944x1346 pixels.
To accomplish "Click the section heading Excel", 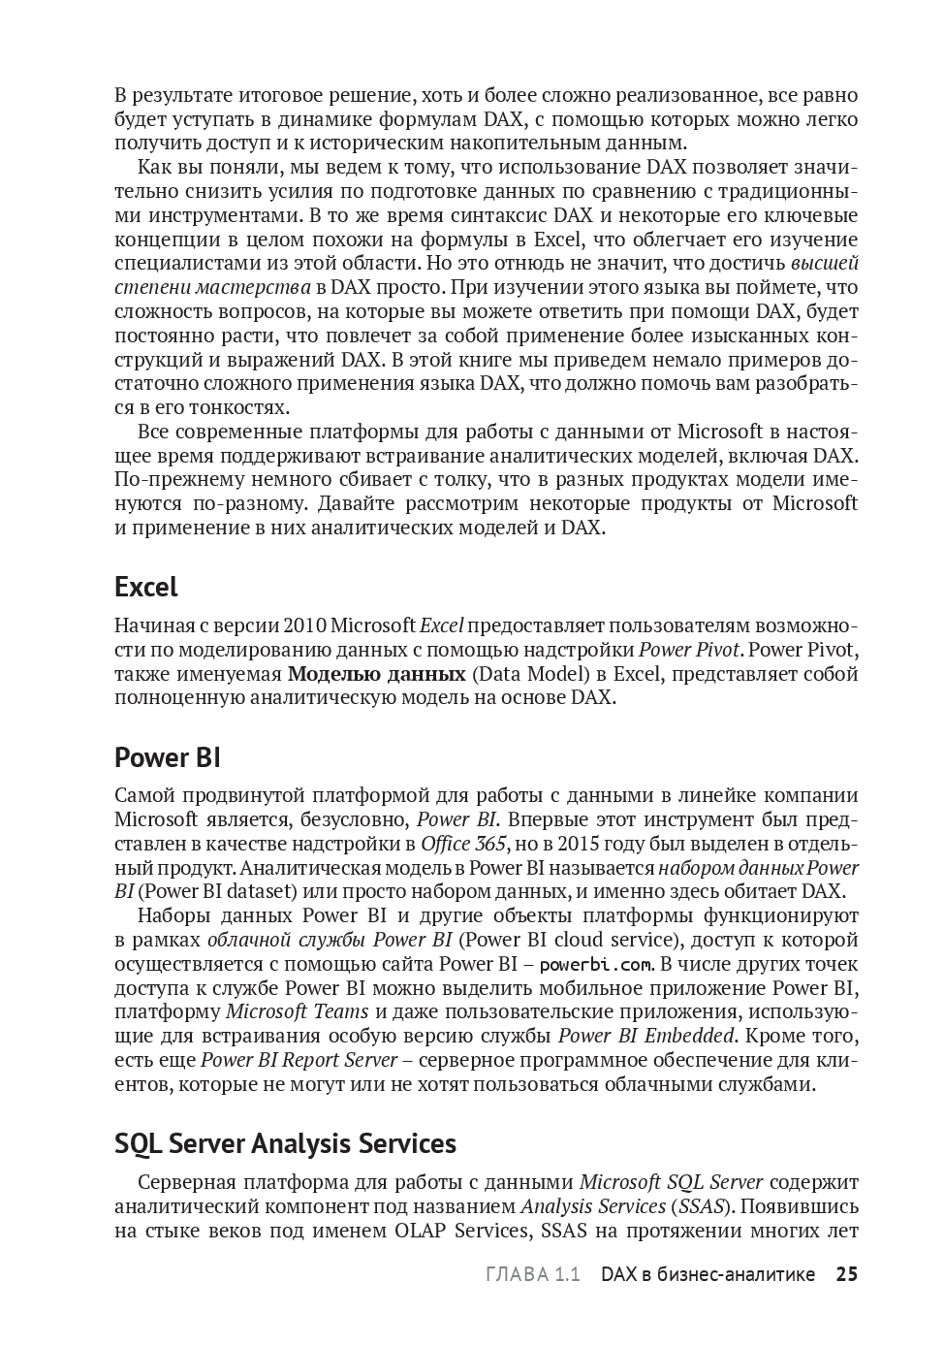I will tap(146, 587).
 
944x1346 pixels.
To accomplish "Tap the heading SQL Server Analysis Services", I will tap(285, 1143).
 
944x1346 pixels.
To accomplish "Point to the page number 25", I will tap(847, 1274).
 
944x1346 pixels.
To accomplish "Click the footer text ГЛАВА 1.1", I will tap(532, 1274).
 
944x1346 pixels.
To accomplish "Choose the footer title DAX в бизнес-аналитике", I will tap(708, 1274).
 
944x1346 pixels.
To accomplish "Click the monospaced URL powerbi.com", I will tap(596, 965).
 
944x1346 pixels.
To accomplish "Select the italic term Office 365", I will tap(458, 844).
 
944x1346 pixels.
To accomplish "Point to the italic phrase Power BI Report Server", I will tap(299, 1061).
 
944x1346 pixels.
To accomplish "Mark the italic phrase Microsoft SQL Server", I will tap(671, 1183).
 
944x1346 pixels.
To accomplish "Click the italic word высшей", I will tap(825, 263).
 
